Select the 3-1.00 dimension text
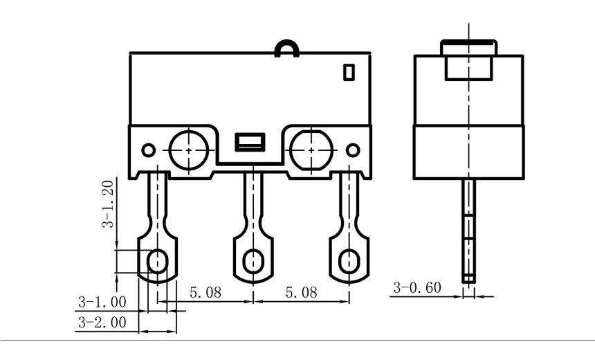click(102, 302)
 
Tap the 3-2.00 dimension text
click(102, 322)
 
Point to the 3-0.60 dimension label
click(417, 288)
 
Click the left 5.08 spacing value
click(205, 293)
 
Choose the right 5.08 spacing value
click(300, 293)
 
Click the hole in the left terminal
click(158, 261)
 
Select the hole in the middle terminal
click(253, 261)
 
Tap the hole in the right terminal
click(348, 261)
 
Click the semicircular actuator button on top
click(287, 48)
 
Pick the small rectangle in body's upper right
click(349, 71)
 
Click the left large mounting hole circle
click(187, 148)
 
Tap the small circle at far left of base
click(147, 150)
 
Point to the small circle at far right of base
click(353, 150)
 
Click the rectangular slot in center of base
click(249, 143)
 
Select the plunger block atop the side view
click(469, 60)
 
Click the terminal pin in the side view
click(469, 228)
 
